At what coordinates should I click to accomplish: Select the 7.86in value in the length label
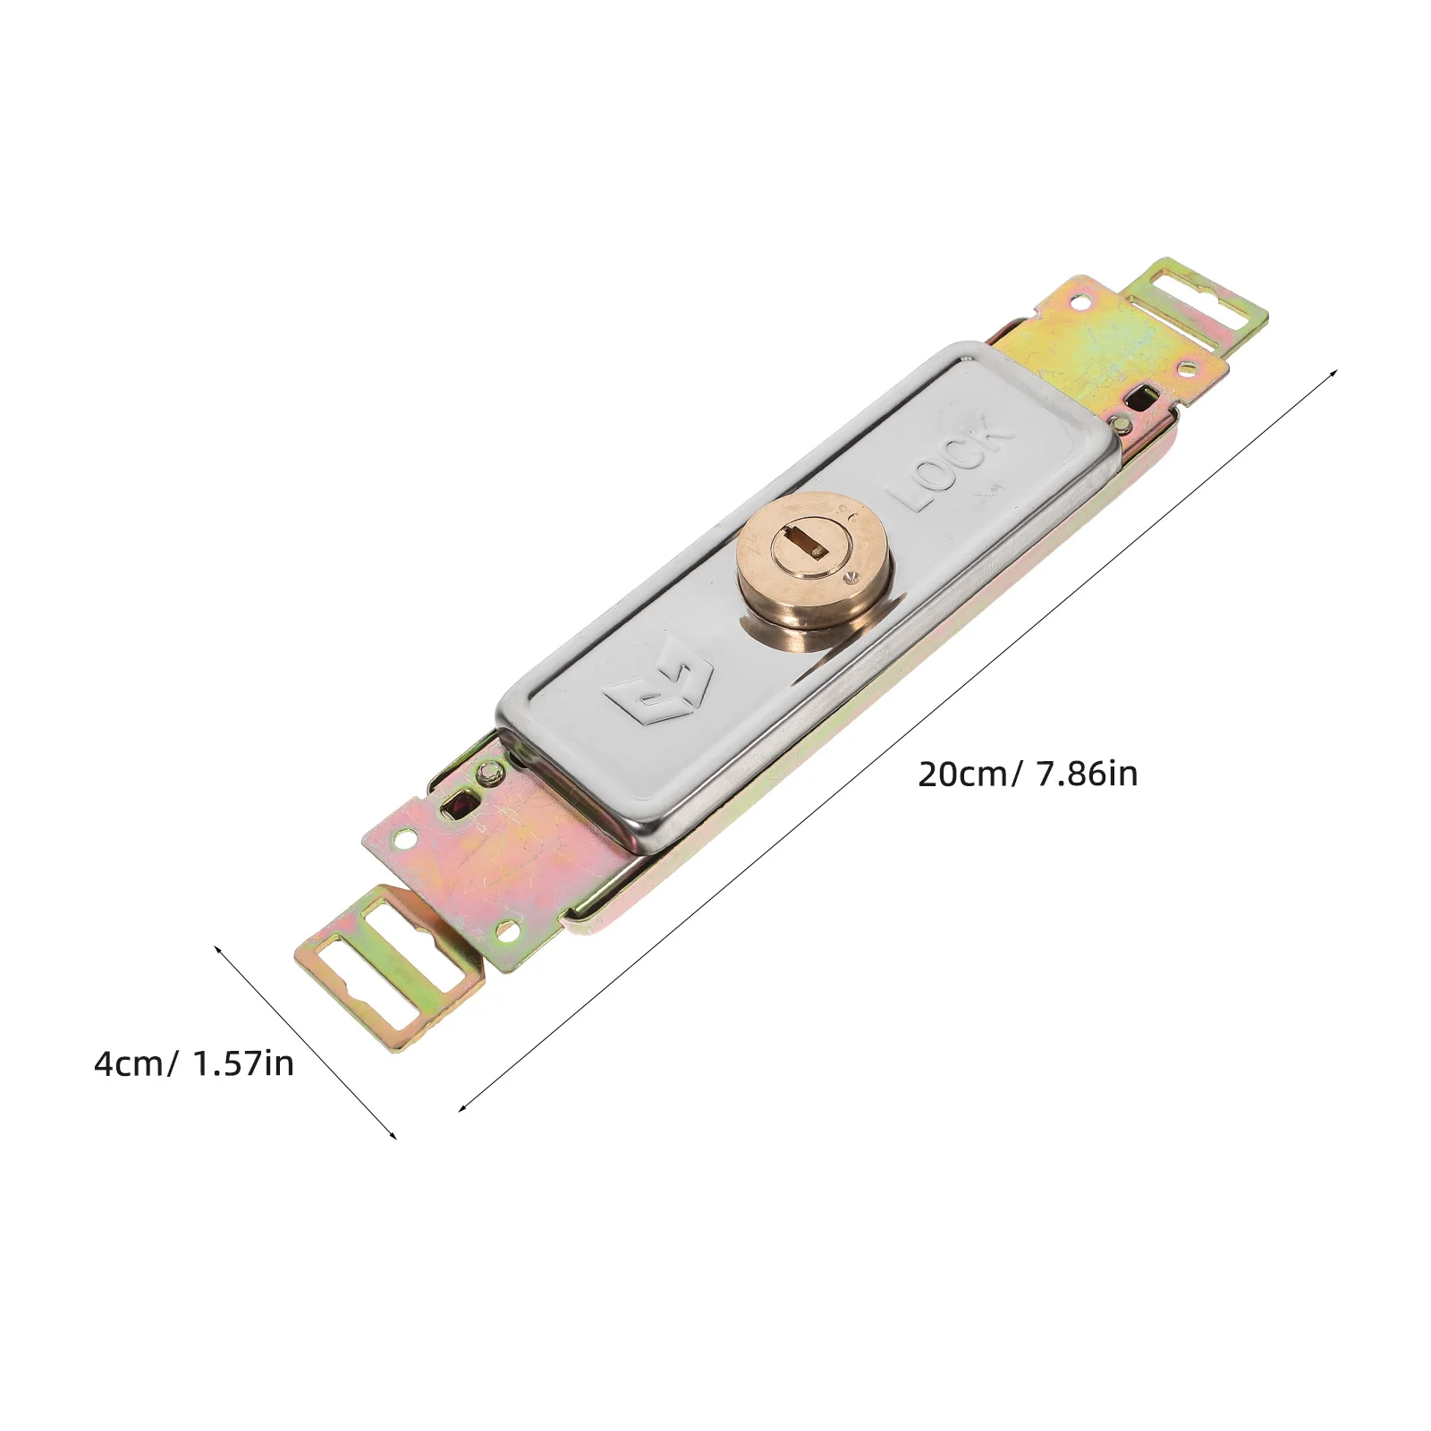pos(1087,774)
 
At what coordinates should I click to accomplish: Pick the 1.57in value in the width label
pos(242,1064)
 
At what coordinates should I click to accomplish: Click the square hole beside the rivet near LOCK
pos(1139,395)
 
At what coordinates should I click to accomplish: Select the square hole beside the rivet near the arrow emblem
pos(464,796)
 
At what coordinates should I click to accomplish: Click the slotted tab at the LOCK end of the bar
pos(1197,307)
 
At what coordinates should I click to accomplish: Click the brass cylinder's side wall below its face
pos(809,626)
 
